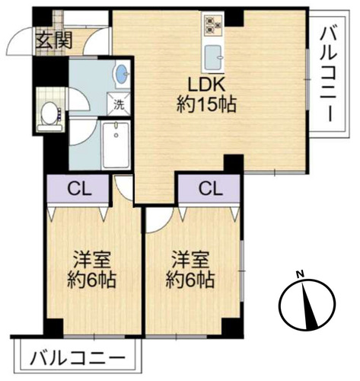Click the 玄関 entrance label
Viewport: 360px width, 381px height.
pyautogui.click(x=54, y=40)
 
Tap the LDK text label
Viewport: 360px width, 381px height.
pyautogui.click(x=206, y=85)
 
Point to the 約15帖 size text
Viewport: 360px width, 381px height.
pyautogui.click(x=206, y=104)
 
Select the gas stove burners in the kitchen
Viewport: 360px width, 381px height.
pyautogui.click(x=213, y=24)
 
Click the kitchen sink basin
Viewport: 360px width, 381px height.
pyautogui.click(x=212, y=57)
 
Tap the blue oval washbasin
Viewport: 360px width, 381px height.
pyautogui.click(x=121, y=73)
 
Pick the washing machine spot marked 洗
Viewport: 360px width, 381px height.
pyautogui.click(x=119, y=105)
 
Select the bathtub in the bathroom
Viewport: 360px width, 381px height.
pyautogui.click(x=116, y=145)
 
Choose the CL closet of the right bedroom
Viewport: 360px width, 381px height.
pyautogui.click(x=209, y=188)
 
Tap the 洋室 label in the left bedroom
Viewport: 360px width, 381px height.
pyautogui.click(x=91, y=260)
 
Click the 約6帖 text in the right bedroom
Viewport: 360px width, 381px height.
pyautogui.click(x=190, y=280)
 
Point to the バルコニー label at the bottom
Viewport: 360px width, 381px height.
pyautogui.click(x=78, y=358)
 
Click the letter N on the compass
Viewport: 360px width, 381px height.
pyautogui.click(x=301, y=274)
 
